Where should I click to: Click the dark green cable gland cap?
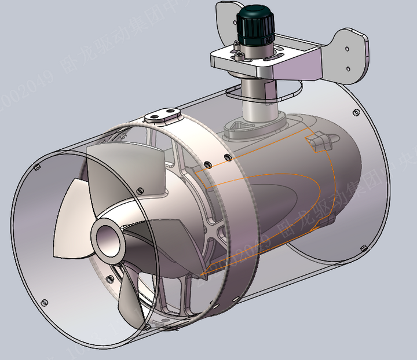pyautogui.click(x=255, y=23)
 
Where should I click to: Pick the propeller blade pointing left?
pyautogui.click(x=72, y=226)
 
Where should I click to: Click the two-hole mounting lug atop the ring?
pyautogui.click(x=162, y=114)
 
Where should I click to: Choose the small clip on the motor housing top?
pyautogui.click(x=320, y=141)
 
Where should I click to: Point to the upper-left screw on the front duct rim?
pyautogui.click(x=37, y=167)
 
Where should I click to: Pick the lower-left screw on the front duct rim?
pyautogui.click(x=44, y=302)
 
